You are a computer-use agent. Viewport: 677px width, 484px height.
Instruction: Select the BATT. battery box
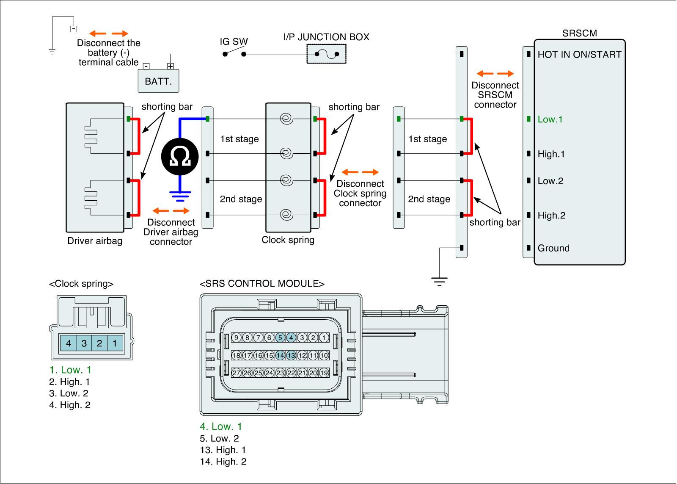pos(159,81)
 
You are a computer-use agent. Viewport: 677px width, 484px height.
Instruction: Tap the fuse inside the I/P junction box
pos(326,54)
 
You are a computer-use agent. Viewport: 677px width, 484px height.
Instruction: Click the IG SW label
pos(234,41)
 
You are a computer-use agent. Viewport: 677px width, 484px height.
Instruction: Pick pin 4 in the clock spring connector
pos(69,343)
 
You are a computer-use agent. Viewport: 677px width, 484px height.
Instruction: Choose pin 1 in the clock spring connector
pos(115,343)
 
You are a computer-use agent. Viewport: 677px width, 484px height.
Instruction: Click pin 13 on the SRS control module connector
pos(291,356)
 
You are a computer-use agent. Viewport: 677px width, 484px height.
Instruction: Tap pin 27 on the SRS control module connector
pos(236,373)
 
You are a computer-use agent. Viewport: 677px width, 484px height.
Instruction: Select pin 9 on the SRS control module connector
pos(236,337)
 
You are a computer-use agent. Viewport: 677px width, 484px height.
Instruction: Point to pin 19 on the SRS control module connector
pos(324,373)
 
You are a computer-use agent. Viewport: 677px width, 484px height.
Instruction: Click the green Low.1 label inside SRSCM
pos(550,119)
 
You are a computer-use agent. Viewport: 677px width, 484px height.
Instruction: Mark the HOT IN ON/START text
pos(579,54)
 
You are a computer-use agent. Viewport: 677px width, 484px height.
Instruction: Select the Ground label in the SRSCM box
pos(553,248)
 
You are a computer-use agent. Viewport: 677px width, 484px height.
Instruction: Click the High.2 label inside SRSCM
pos(551,216)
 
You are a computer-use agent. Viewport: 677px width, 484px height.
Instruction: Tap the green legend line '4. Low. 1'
pos(221,426)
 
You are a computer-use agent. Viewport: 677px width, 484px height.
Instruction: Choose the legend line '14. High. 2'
pos(223,462)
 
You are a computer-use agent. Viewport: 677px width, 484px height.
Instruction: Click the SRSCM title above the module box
pos(580,33)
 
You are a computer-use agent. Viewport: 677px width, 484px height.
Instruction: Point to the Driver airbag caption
pos(95,241)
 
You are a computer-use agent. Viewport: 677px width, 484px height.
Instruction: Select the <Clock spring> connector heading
pos(81,284)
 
